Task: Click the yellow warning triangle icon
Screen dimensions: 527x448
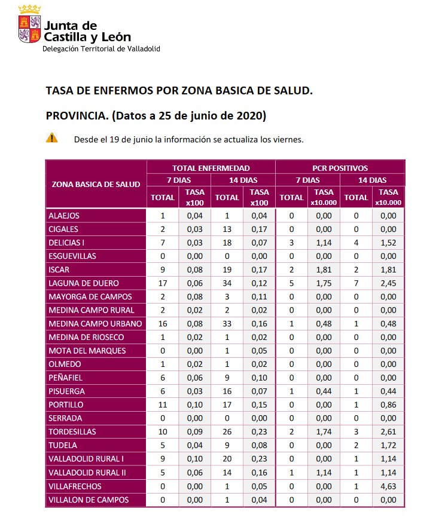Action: (x=53, y=138)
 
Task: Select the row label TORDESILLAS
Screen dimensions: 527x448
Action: (x=72, y=431)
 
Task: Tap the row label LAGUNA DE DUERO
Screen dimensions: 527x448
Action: (x=84, y=283)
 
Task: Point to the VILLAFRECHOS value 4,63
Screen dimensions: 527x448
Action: (x=388, y=486)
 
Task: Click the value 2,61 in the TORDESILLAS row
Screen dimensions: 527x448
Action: (x=388, y=431)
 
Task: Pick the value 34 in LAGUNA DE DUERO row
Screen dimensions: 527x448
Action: (x=227, y=283)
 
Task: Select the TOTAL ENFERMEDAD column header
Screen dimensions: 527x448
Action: (x=211, y=168)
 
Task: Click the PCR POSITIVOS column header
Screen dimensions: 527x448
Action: (x=340, y=168)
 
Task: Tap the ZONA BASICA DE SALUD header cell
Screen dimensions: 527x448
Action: (x=96, y=184)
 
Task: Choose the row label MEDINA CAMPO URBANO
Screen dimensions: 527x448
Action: (x=95, y=324)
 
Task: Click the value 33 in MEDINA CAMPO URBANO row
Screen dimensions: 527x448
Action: (x=227, y=324)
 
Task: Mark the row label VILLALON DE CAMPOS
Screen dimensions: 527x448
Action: (x=89, y=500)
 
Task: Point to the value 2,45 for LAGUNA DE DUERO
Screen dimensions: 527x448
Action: (x=388, y=283)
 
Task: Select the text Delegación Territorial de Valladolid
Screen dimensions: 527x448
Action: (x=101, y=49)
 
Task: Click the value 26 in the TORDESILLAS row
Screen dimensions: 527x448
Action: (x=227, y=431)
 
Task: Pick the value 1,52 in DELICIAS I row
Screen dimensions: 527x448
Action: (x=388, y=243)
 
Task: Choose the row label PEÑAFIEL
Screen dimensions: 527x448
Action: (x=66, y=378)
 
